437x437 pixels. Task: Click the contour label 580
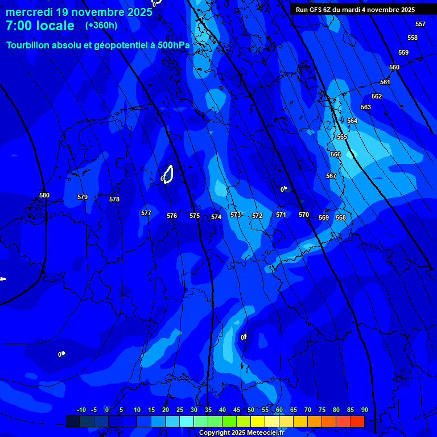click(x=44, y=195)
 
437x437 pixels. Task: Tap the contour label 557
click(x=420, y=24)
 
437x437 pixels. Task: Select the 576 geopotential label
click(x=172, y=216)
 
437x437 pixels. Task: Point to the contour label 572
click(x=257, y=216)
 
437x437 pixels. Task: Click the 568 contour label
click(x=341, y=217)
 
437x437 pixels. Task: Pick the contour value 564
click(x=352, y=121)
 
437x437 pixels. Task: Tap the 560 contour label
click(x=394, y=67)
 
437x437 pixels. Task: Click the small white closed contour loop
click(x=168, y=174)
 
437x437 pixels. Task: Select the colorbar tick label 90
click(x=364, y=410)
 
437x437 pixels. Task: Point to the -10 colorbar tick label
click(x=81, y=410)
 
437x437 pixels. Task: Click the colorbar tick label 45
click(x=237, y=410)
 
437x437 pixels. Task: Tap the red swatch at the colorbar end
click(x=357, y=421)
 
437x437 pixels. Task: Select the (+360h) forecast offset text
click(x=101, y=25)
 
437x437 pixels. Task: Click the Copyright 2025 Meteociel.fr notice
click(x=241, y=432)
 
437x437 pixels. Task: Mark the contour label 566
click(x=336, y=154)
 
